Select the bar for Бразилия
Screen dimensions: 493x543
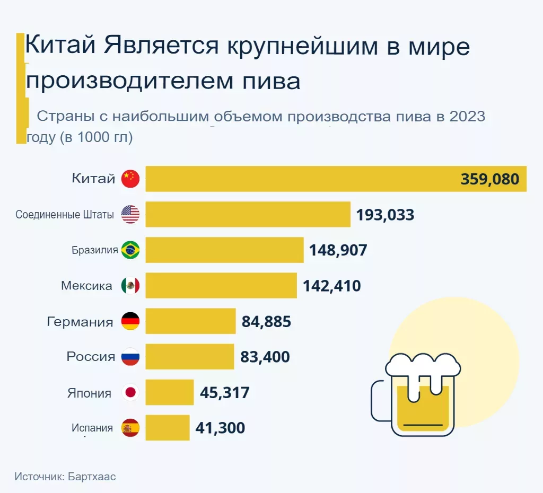(x=224, y=250)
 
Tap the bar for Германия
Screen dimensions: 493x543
(x=190, y=321)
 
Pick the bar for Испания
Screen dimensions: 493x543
(x=167, y=427)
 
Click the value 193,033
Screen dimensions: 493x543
(x=385, y=215)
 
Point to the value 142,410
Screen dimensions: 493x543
(x=331, y=286)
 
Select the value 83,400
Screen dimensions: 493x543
(x=265, y=357)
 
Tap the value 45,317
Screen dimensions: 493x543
(x=224, y=393)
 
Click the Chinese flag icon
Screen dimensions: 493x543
(x=130, y=179)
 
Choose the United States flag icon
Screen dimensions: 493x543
(x=130, y=214)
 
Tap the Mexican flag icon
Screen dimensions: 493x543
(x=130, y=286)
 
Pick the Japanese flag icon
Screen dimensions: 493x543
(x=130, y=393)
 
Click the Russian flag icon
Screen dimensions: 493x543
(x=130, y=357)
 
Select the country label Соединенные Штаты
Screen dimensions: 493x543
(x=65, y=215)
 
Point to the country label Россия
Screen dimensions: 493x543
(x=91, y=357)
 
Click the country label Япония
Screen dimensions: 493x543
(x=89, y=393)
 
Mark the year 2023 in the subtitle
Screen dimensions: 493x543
(x=467, y=116)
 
